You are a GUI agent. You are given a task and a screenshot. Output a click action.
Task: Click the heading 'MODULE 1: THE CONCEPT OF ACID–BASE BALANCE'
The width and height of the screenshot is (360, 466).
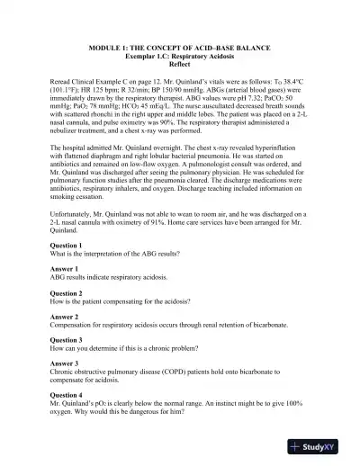pos(180,47)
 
